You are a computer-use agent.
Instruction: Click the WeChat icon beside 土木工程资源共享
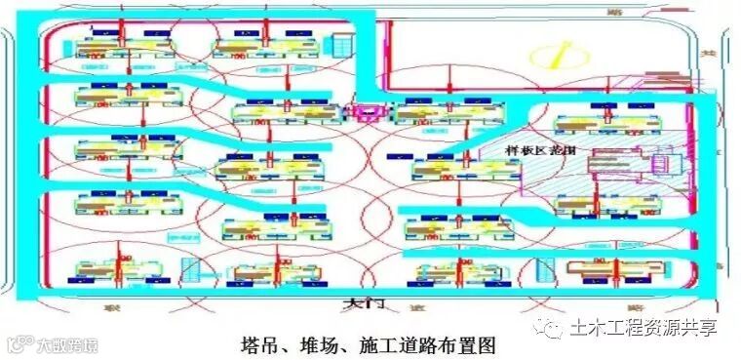pyautogui.click(x=553, y=328)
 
